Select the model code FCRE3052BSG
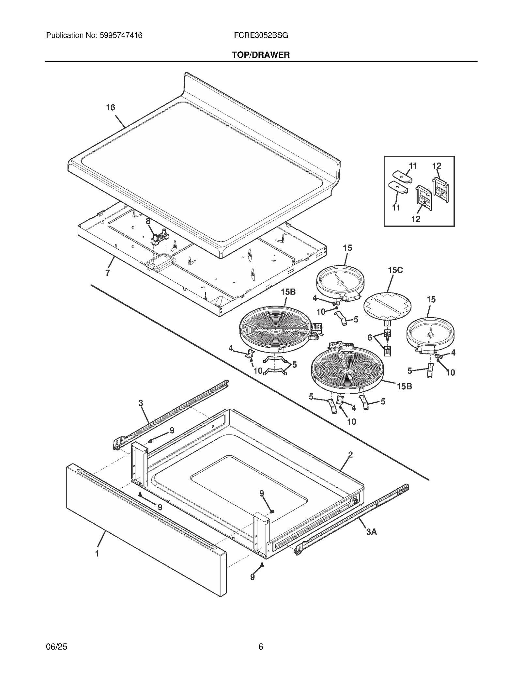(261, 35)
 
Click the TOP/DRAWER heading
(261, 55)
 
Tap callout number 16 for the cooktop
(111, 107)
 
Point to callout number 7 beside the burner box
(108, 273)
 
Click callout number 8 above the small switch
(148, 221)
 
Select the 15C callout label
(395, 270)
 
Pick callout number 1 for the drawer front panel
(97, 553)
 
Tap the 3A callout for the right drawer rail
(371, 531)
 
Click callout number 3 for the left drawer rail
(141, 403)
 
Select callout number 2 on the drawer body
(350, 454)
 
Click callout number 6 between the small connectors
(370, 338)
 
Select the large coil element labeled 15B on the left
(274, 328)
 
